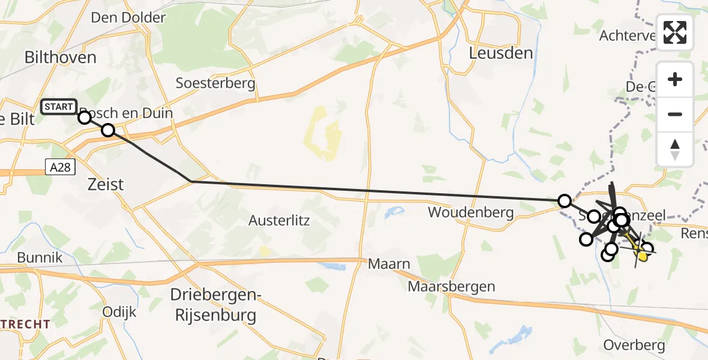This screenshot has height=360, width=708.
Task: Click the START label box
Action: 58,107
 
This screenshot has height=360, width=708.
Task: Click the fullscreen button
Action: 675,32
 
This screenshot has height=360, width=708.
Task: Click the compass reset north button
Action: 675,149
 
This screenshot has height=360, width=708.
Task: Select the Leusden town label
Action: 501,53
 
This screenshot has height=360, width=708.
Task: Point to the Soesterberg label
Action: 215,83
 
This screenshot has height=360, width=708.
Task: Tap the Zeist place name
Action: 106,184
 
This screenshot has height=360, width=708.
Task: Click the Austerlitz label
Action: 279,220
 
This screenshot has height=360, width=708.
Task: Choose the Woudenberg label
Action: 471,212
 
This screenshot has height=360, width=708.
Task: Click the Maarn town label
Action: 389,264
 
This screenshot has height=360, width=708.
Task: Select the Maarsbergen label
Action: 451,286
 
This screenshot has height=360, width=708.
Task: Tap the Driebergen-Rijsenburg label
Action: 213,305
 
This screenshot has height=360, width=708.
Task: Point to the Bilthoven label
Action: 60,58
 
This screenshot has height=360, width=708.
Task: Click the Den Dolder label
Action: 128,17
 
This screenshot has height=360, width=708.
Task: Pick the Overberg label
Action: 634,346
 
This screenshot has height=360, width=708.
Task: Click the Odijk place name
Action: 119,312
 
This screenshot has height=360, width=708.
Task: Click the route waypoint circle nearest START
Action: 85,118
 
